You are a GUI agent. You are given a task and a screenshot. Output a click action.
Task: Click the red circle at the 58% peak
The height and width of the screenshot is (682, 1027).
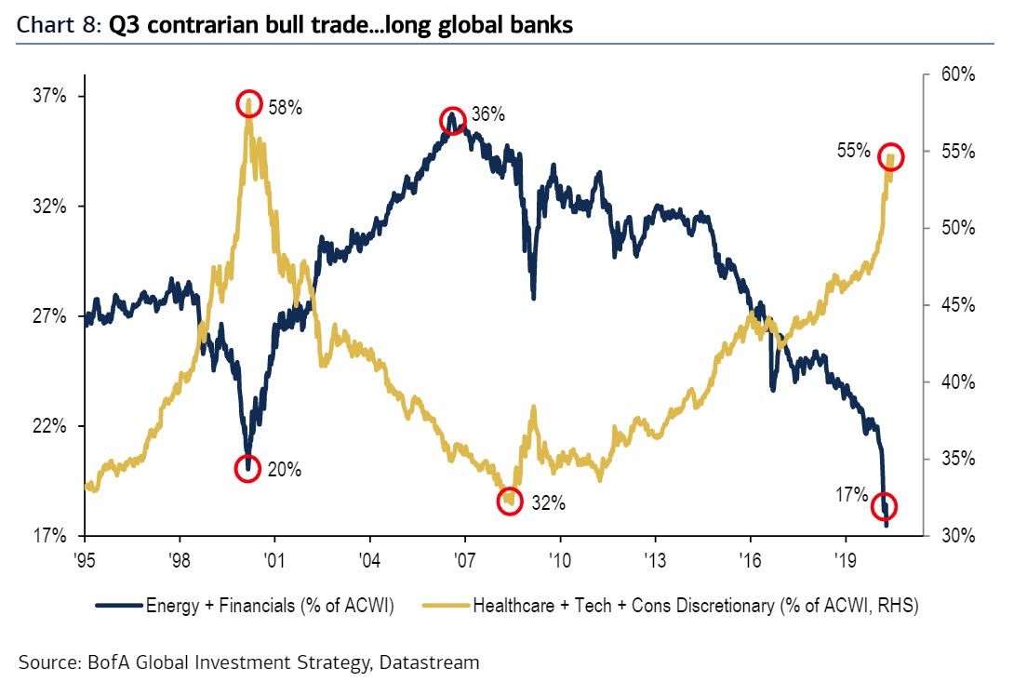tap(248, 103)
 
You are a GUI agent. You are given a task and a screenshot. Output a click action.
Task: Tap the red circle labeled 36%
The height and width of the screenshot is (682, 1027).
tap(452, 120)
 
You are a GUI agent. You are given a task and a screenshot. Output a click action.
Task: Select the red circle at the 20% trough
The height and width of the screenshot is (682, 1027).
tap(247, 468)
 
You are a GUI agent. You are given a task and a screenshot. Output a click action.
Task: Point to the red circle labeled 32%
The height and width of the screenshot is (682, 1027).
tap(509, 501)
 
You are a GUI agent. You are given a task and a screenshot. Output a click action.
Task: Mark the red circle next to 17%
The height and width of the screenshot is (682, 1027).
tap(885, 506)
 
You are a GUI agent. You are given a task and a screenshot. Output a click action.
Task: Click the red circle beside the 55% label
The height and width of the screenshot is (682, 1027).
tap(890, 155)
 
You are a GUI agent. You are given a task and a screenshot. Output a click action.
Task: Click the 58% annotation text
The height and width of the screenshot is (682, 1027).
tap(286, 108)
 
